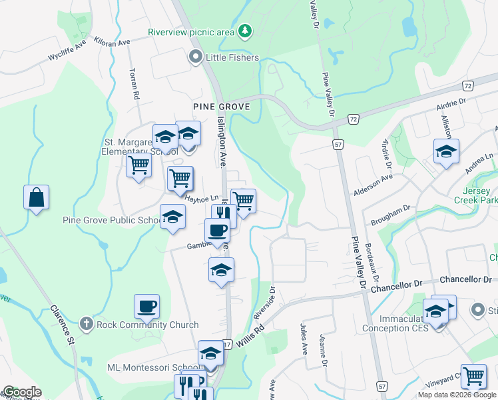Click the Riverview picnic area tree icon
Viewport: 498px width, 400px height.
click(x=246, y=30)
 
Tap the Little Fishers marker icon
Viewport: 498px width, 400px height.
click(x=196, y=57)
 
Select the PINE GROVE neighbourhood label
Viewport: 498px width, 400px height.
click(x=221, y=107)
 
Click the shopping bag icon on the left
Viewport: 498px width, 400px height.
click(x=36, y=197)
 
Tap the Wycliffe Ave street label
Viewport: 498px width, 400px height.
click(x=67, y=53)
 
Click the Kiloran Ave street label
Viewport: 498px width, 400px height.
click(x=113, y=43)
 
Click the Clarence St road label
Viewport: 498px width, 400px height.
click(x=61, y=325)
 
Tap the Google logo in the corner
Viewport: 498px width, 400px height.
click(x=21, y=392)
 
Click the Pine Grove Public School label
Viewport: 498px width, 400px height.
click(x=110, y=221)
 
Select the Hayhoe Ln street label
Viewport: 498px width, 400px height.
click(x=202, y=199)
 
